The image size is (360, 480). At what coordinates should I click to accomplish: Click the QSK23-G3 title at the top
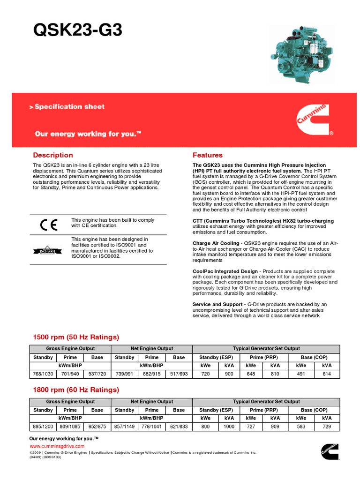(78, 30)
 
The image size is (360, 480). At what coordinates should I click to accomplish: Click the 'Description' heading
(53, 155)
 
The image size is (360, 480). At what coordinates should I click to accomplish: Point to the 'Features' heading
(208, 155)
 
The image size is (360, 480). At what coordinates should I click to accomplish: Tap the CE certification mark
(48, 225)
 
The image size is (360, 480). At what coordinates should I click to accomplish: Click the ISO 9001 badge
(48, 251)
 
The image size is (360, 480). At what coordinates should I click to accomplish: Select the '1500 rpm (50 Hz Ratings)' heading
(76, 337)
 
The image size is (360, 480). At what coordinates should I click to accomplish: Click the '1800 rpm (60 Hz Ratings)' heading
(76, 390)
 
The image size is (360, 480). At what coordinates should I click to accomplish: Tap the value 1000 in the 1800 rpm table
(229, 427)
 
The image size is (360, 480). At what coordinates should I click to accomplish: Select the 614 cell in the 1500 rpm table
(327, 375)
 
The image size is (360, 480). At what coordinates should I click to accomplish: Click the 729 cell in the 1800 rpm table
(327, 427)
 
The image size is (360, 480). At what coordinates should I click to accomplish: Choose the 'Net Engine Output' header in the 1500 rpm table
(151, 349)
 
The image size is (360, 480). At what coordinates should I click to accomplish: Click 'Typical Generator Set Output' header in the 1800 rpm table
(266, 402)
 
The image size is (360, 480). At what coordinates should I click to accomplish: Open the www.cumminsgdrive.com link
(57, 446)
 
